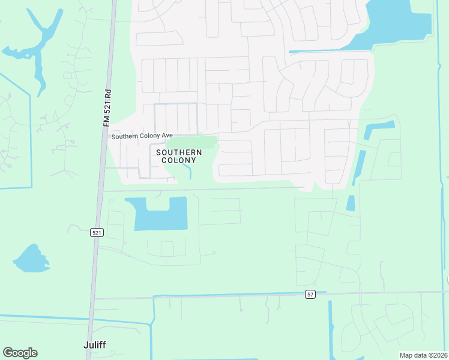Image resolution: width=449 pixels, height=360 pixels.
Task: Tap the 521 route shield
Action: pos(97,233)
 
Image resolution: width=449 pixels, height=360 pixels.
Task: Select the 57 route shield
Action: pos(310,295)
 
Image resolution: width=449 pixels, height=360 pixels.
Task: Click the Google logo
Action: pos(20,353)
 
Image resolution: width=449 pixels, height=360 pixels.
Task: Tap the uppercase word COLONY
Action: pos(179,161)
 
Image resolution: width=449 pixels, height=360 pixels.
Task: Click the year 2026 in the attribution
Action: pos(439,355)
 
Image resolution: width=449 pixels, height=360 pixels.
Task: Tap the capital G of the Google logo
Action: pos(8,353)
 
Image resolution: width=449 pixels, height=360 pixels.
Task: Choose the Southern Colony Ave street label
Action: pos(142,137)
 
